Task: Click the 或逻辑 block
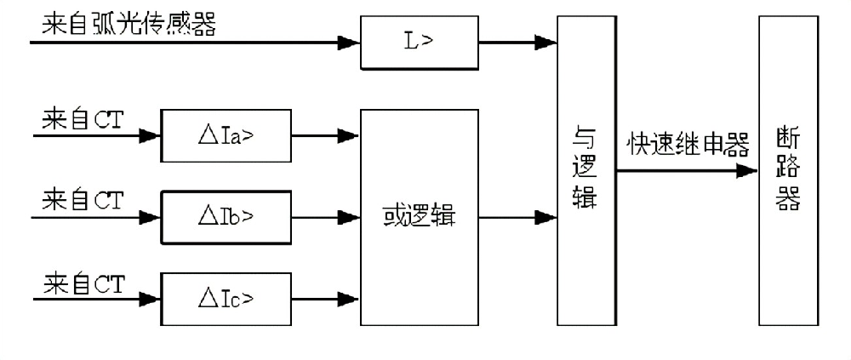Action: coord(420,217)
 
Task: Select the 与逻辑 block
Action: coord(586,170)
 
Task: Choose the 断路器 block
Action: coord(788,170)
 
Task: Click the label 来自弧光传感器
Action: coord(128,22)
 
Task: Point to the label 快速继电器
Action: coord(688,146)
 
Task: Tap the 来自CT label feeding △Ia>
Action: coord(82,119)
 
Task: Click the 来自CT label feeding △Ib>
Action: coord(82,201)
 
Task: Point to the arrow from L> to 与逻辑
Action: coord(514,41)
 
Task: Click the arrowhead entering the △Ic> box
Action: coord(150,299)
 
